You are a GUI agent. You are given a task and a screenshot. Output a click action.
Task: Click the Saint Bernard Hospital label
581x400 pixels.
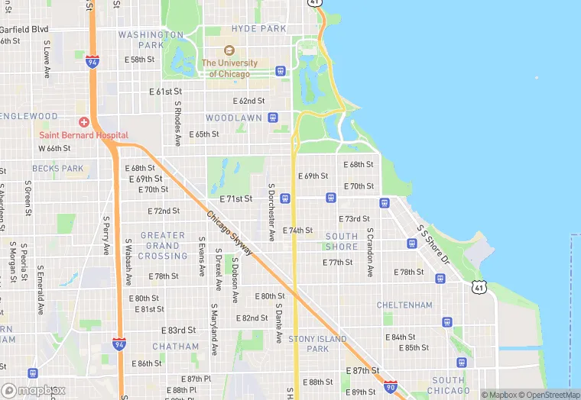[x=83, y=135]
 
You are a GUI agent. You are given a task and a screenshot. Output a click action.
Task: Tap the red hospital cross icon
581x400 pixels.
[x=84, y=122]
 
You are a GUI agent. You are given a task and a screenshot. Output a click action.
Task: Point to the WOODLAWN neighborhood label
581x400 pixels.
[x=234, y=118]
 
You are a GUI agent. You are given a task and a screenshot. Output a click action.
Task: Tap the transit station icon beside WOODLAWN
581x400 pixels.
[x=272, y=118]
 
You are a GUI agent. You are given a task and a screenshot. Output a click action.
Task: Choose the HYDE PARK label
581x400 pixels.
[x=258, y=29]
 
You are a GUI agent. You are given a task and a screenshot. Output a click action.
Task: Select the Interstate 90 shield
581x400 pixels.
[x=391, y=387]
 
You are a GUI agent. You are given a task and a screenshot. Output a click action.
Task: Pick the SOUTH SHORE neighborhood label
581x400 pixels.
[x=342, y=241]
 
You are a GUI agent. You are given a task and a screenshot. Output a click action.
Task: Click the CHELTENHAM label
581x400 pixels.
[x=404, y=305]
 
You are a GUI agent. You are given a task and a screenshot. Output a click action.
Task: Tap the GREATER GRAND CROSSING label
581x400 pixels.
[x=163, y=246]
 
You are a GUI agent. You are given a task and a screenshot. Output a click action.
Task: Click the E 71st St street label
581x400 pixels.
[x=235, y=198]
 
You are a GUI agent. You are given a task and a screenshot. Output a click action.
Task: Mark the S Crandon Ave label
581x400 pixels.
[x=369, y=252]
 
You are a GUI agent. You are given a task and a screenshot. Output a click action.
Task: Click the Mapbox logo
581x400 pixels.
[x=33, y=390]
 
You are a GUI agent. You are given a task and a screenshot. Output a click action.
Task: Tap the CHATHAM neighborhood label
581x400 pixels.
[x=175, y=347]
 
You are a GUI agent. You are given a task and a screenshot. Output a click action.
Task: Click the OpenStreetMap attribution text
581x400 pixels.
[x=549, y=395]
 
